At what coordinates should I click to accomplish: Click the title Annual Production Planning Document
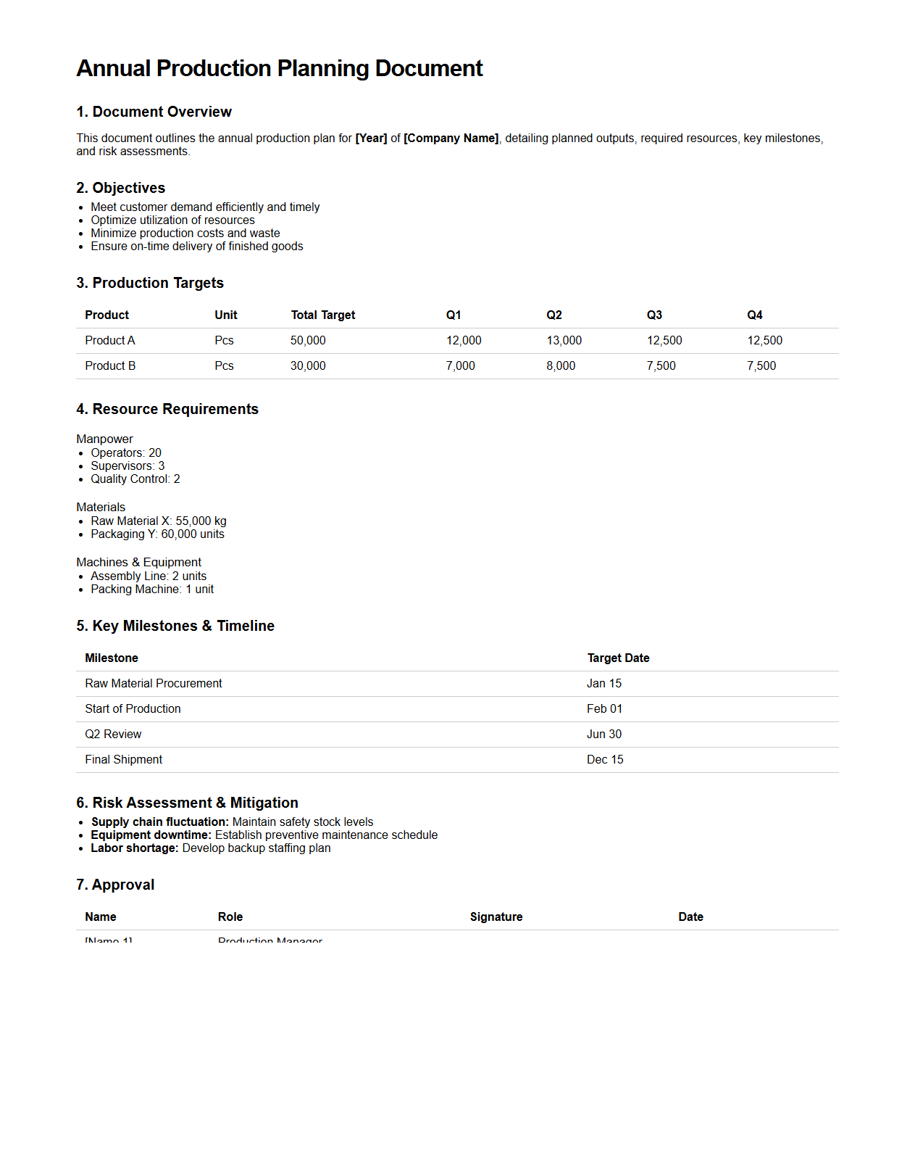coord(279,68)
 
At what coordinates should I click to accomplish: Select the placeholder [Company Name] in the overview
coord(451,138)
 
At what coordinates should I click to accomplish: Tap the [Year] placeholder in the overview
coord(371,138)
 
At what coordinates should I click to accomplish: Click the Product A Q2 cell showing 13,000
coord(564,341)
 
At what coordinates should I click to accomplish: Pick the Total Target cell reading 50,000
coord(308,341)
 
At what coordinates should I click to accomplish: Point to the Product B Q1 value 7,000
coord(460,366)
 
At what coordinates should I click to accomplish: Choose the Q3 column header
coord(654,315)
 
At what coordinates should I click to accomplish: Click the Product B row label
coord(110,366)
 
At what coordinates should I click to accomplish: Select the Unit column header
coord(225,315)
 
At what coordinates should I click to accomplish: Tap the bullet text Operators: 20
coord(126,453)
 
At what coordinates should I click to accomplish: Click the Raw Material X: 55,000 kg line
coord(158,521)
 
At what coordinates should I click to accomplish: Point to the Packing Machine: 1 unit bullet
coord(152,590)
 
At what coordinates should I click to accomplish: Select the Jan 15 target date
coord(603,684)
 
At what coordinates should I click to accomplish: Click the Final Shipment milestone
coord(123,760)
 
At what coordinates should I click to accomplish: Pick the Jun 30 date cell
coord(603,735)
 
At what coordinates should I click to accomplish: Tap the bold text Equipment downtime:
coord(151,835)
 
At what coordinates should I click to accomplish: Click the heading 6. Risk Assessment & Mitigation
coord(187,803)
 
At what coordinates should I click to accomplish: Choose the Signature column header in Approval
coord(496,917)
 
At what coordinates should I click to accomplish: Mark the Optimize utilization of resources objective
coord(172,220)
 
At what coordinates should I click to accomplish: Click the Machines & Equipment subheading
coord(138,563)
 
